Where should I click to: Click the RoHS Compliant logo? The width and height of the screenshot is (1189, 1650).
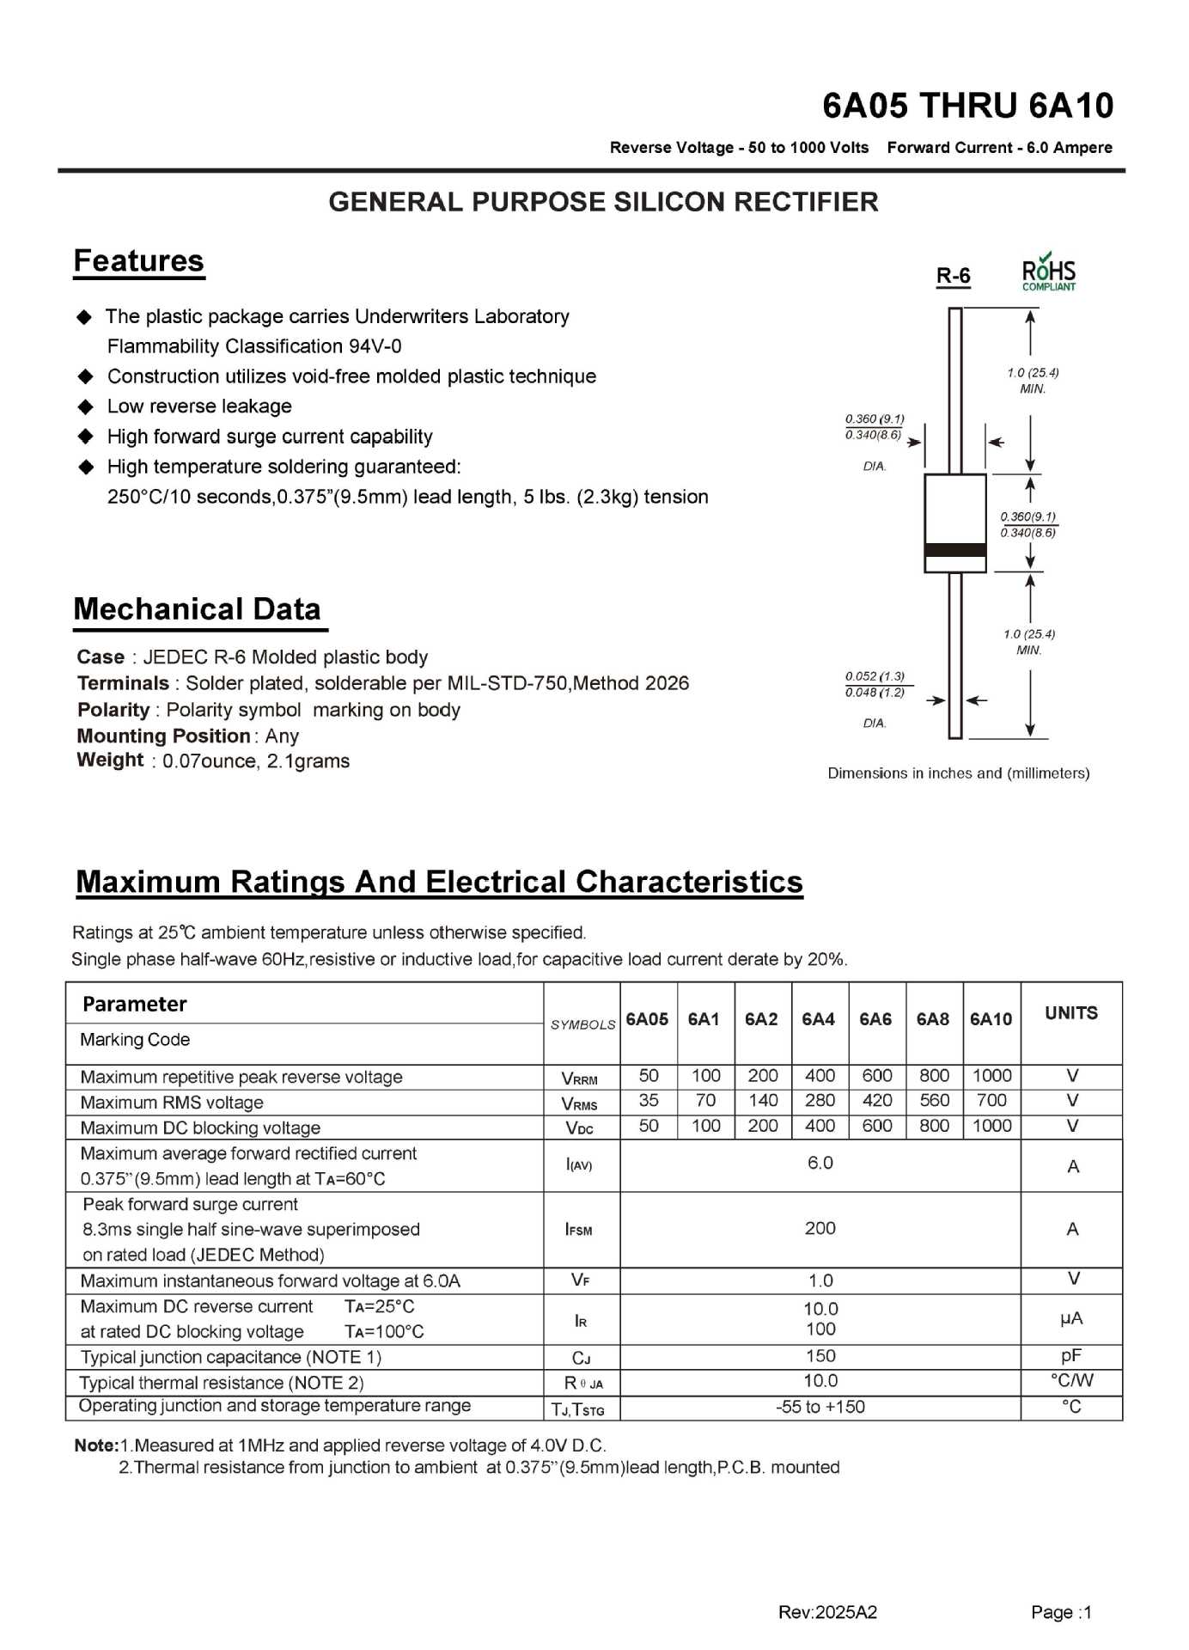click(1048, 272)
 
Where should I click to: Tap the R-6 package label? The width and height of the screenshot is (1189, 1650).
click(953, 276)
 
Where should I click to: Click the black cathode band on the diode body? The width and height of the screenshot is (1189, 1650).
click(954, 550)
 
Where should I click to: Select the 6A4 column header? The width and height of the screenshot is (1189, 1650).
click(818, 1019)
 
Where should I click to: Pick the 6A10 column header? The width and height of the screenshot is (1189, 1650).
click(991, 1019)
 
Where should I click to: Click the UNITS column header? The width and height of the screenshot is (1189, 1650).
click(1070, 1013)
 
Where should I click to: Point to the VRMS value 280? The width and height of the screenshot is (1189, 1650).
click(820, 1101)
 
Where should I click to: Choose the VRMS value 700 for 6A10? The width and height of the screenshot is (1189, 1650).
click(991, 1101)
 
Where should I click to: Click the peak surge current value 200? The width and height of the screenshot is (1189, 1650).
click(820, 1229)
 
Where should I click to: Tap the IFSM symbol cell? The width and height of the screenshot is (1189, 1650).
click(579, 1230)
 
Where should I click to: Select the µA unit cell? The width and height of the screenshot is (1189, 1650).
click(1070, 1318)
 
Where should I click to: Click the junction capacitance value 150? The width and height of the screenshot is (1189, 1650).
click(820, 1356)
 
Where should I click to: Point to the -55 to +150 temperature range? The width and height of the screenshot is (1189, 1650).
click(820, 1407)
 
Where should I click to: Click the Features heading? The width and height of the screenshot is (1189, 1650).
click(138, 261)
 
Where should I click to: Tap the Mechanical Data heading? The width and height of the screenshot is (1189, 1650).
click(197, 609)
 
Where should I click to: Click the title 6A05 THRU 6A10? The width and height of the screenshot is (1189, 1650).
click(967, 106)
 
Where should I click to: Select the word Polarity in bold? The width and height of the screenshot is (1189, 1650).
click(113, 710)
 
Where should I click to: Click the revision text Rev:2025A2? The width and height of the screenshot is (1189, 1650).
click(827, 1612)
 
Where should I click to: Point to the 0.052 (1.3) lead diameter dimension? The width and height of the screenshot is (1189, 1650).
click(875, 676)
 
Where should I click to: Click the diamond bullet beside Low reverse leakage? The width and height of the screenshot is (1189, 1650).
click(86, 406)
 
